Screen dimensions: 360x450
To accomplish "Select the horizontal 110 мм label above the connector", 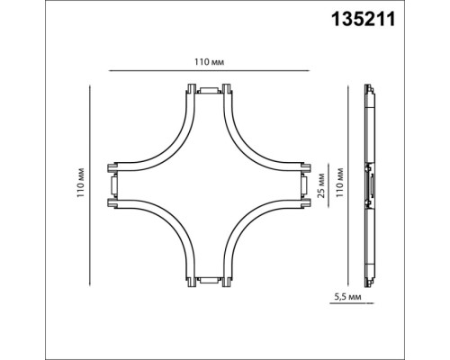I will point(209,61).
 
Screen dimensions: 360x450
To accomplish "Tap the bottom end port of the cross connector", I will point(209,281).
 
